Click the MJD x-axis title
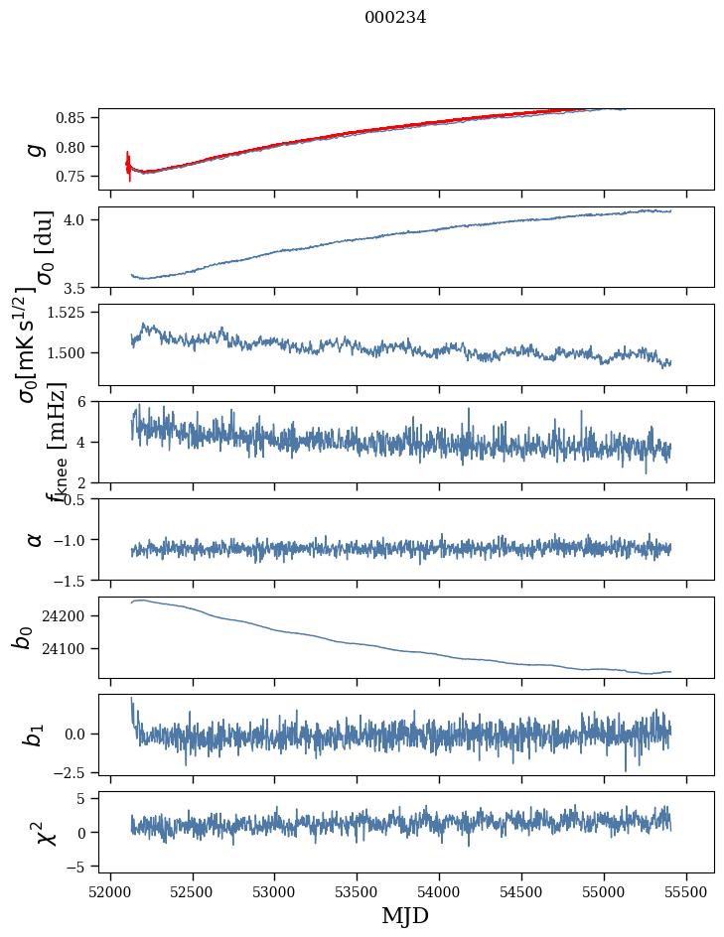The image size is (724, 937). pos(405,916)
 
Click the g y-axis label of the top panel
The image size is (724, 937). pos(36,149)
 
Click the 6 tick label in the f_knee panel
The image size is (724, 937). pos(87,401)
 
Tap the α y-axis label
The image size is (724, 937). pos(36,539)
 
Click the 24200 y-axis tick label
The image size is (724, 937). pos(68,616)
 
